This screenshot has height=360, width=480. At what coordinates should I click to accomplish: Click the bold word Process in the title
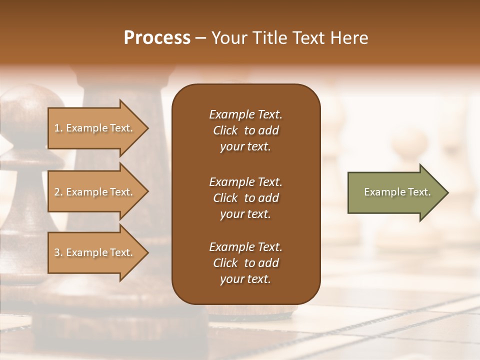point(157,38)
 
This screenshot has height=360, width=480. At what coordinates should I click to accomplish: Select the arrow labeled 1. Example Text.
point(95,128)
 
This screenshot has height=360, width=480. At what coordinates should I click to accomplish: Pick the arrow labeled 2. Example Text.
point(95,192)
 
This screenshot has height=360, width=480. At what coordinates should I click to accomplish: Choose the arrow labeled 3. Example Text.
point(95,252)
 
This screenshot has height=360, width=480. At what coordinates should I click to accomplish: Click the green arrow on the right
point(395,192)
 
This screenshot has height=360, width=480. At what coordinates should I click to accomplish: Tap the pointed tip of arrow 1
point(146,128)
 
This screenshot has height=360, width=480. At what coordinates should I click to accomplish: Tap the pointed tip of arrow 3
point(146,252)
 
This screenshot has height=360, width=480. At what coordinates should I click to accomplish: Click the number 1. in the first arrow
point(58,128)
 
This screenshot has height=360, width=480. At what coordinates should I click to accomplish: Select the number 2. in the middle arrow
point(58,192)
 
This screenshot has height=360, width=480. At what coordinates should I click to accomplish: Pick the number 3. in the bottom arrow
point(58,252)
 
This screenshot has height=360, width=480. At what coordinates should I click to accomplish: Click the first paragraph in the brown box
point(245,130)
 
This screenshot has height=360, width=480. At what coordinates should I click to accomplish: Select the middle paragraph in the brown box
point(245,198)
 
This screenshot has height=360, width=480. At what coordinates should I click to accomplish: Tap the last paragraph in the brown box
point(245,263)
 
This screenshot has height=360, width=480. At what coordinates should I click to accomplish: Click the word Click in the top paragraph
point(225,130)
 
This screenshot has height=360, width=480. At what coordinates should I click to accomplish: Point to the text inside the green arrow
point(397,192)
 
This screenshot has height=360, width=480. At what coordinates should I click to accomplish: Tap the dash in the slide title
point(200,38)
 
